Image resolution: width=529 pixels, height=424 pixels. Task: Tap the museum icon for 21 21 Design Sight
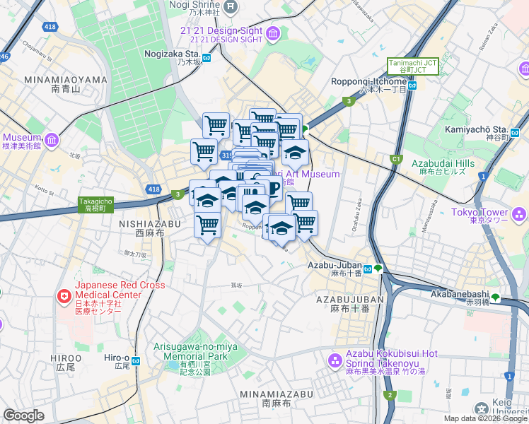pyautogui.click(x=274, y=33)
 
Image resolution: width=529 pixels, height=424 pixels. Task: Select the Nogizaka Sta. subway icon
pyautogui.click(x=207, y=58)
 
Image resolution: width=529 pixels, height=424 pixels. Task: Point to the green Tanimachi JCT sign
pyautogui.click(x=412, y=66)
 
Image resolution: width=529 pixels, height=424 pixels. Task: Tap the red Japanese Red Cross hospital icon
pyautogui.click(x=65, y=295)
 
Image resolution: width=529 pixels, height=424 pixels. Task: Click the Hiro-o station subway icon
pyautogui.click(x=136, y=360)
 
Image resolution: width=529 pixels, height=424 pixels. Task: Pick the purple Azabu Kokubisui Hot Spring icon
pyautogui.click(x=334, y=361)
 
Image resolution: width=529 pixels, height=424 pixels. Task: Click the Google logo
pyautogui.click(x=23, y=416)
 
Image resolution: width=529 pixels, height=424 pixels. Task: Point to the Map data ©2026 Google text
pyautogui.click(x=485, y=418)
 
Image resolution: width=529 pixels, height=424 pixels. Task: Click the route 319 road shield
pyautogui.click(x=226, y=155)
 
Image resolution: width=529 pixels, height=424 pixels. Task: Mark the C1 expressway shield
pyautogui.click(x=397, y=159)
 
